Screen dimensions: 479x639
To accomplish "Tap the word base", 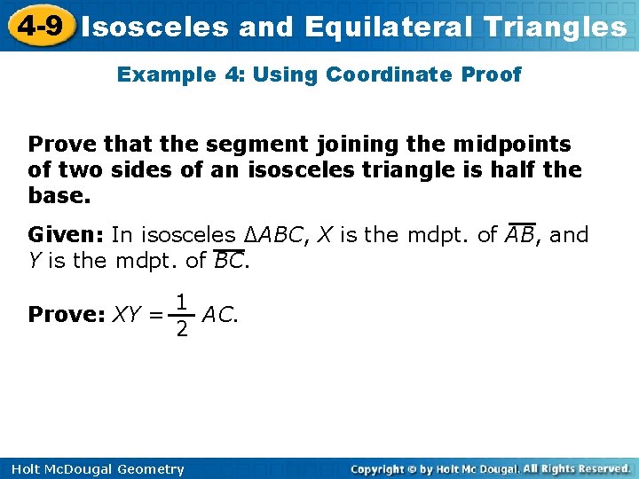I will pyautogui.click(x=59, y=193).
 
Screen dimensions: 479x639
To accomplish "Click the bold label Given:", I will pyautogui.click(x=67, y=235).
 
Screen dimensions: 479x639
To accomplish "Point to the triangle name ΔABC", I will pyautogui.click(x=272, y=235).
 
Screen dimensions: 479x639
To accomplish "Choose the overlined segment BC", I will pyautogui.click(x=229, y=260).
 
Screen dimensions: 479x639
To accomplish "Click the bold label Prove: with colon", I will pyautogui.click(x=67, y=315).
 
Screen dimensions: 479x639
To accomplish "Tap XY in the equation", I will pyautogui.click(x=126, y=315).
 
